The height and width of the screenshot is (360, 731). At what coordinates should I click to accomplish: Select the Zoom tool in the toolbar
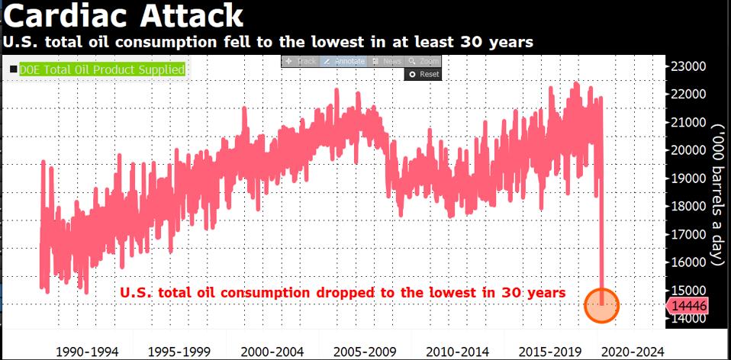click(x=423, y=61)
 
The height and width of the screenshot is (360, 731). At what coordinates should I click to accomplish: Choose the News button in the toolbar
click(x=388, y=61)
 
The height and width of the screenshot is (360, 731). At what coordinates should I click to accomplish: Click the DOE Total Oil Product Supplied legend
click(x=101, y=70)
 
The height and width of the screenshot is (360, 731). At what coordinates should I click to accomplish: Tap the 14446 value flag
click(x=690, y=305)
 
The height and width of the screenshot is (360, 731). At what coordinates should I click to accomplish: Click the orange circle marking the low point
click(x=602, y=306)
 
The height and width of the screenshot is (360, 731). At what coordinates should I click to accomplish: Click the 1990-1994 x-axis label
click(x=89, y=352)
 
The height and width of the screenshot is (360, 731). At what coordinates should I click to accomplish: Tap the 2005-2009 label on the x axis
click(x=363, y=352)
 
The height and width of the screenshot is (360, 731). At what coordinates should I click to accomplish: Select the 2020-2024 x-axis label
click(x=632, y=352)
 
